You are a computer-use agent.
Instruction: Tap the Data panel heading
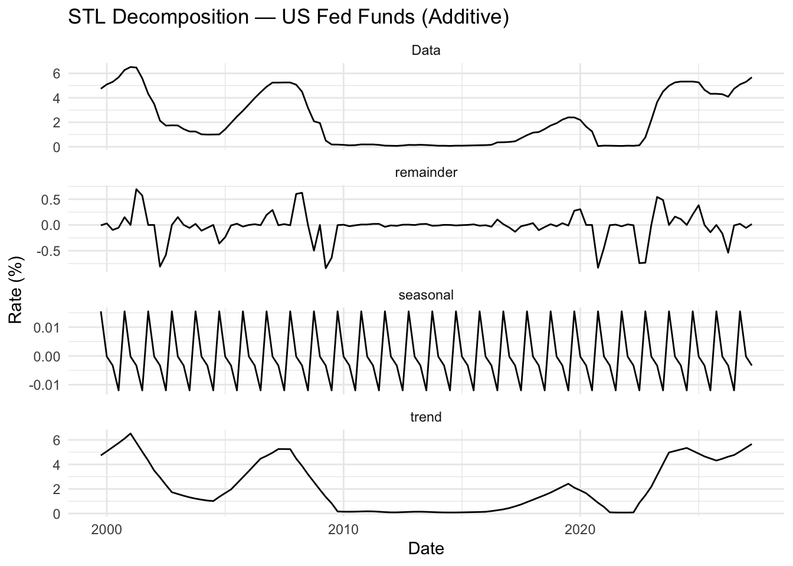[425, 51]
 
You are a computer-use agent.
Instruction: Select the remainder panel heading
[425, 173]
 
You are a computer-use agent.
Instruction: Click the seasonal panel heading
[425, 295]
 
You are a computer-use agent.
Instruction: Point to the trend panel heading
[425, 417]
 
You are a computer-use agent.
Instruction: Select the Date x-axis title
[425, 549]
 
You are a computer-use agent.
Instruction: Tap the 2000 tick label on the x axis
[107, 529]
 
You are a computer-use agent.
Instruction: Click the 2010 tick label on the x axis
[343, 529]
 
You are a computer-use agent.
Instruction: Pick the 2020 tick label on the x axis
[580, 529]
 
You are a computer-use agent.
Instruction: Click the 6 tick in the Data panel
[57, 74]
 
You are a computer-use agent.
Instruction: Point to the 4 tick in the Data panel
[57, 98]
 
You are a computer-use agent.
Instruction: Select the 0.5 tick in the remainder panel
[52, 200]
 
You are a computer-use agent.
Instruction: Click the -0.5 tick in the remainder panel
[50, 251]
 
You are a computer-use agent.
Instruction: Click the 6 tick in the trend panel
[57, 440]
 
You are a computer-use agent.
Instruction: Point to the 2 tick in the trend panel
[57, 489]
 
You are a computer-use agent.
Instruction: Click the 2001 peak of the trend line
[130, 433]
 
